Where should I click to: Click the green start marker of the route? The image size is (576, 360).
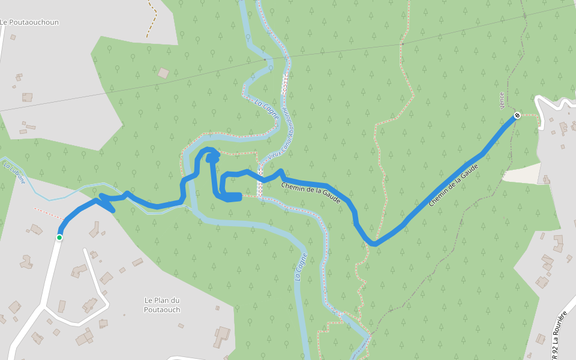(59, 238)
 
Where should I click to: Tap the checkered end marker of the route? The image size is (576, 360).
(517, 115)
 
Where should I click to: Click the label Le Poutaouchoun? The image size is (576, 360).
(29, 22)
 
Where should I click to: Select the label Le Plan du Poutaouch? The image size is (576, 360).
(162, 305)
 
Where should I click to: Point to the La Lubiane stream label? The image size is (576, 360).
(14, 172)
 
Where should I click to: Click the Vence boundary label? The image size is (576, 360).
(502, 100)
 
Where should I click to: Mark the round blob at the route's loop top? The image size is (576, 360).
(212, 158)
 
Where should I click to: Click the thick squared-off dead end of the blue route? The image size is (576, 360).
(239, 196)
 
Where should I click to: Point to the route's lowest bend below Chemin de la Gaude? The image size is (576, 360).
(373, 242)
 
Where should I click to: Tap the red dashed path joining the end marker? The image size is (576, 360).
(529, 115)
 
